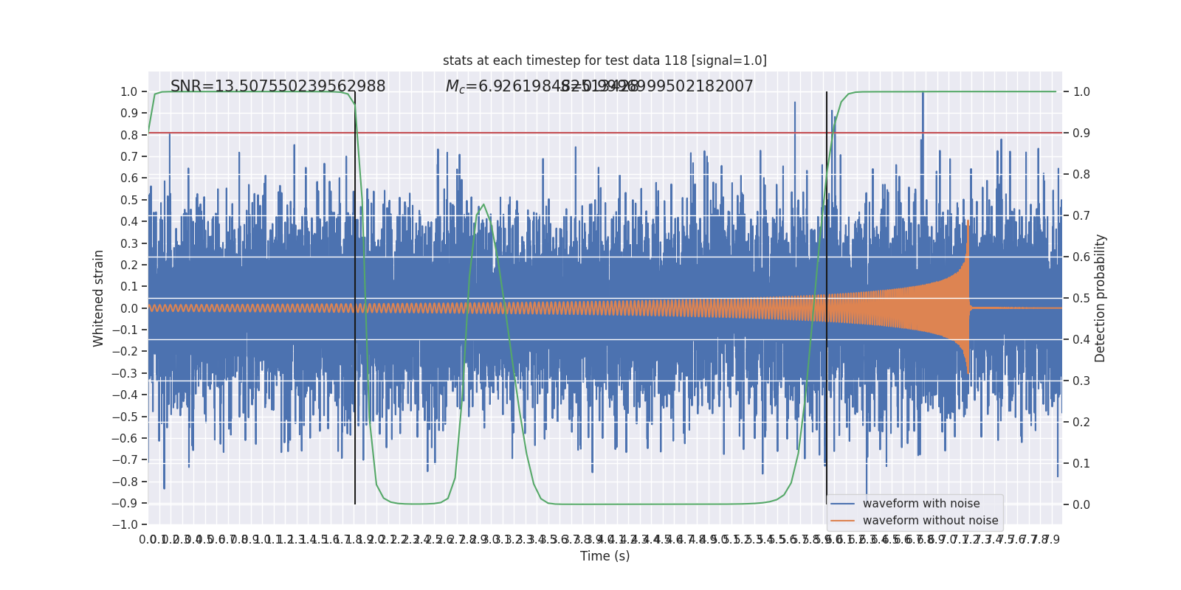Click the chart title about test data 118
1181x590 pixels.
605,60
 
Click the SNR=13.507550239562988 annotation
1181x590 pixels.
278,86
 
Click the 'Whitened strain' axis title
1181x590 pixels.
99,298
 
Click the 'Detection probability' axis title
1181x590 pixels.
1100,298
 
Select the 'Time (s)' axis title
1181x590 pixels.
605,556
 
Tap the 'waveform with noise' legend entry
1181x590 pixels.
920,504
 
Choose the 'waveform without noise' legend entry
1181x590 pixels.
929,521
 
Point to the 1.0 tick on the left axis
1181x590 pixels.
129,92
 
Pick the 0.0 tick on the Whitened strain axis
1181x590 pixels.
129,308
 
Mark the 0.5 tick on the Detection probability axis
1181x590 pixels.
1081,299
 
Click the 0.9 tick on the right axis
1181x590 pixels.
1081,133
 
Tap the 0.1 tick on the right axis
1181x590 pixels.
1081,464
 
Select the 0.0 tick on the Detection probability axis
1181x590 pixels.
1081,505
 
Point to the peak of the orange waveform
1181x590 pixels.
968,221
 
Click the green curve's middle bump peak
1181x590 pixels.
483,205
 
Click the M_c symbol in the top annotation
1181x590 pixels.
455,87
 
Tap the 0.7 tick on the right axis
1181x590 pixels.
1081,216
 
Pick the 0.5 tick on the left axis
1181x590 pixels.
129,200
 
